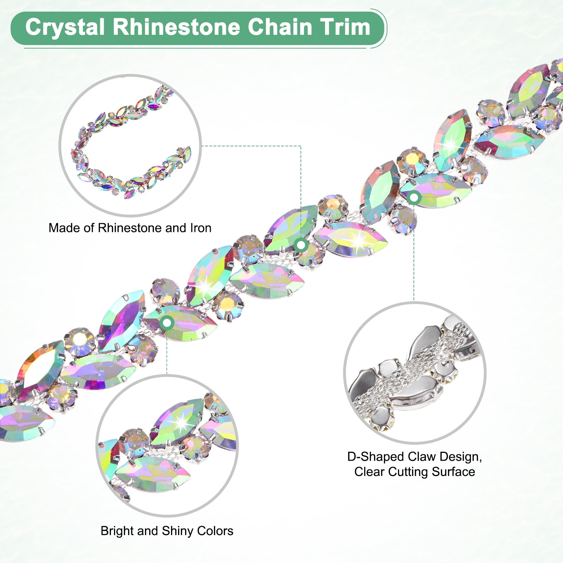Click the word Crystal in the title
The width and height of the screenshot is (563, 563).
(x=65, y=27)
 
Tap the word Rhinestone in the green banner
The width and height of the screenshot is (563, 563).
(x=176, y=27)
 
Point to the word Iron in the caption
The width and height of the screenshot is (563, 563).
(x=201, y=228)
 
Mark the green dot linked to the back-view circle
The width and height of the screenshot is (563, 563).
(x=414, y=198)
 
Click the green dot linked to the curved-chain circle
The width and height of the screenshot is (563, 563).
(x=301, y=245)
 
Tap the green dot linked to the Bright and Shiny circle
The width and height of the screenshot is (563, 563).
(x=167, y=322)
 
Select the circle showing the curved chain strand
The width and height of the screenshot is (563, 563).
(x=130, y=145)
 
